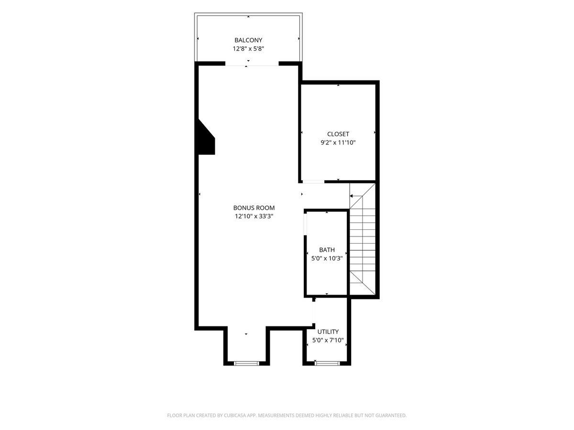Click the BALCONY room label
coord(248,40)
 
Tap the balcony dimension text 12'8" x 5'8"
coord(248,49)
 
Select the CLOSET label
coord(338,134)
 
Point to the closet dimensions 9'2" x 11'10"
coord(338,142)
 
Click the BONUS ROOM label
coord(254,208)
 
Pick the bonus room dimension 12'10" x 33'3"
coord(254,216)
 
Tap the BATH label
coord(327,250)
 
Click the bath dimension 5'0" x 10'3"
coord(327,258)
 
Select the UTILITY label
coord(328,332)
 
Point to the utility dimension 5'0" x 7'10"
coord(328,340)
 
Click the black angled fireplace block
coord(205,139)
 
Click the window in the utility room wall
coord(327,363)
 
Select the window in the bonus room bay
coord(246,363)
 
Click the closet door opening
coord(313,182)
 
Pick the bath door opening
coord(305,224)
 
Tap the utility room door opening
coord(314,313)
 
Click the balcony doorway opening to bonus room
coord(252,64)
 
